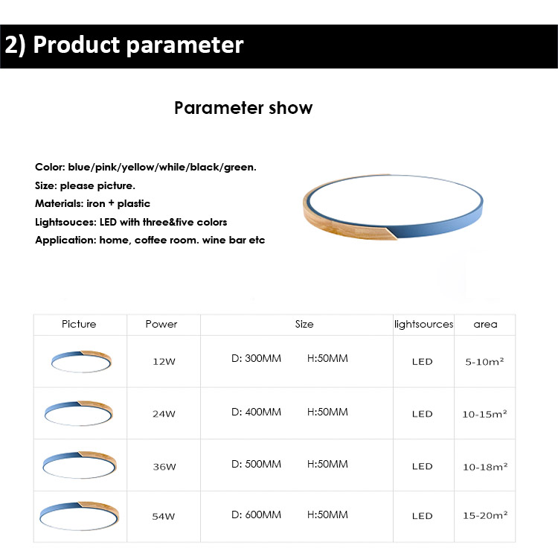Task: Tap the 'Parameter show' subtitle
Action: tap(243, 107)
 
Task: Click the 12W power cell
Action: tap(164, 361)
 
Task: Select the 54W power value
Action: tap(164, 516)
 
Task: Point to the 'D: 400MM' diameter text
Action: tap(256, 412)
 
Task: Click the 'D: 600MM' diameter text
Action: tap(256, 514)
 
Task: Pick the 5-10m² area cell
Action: tap(484, 362)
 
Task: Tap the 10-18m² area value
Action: tap(485, 466)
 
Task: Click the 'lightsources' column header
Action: tap(424, 324)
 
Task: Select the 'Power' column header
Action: tap(161, 324)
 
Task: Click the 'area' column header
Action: tap(485, 325)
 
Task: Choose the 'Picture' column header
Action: tap(79, 324)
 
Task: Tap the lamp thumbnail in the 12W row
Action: tap(82, 361)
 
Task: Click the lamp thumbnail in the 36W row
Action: tap(80, 465)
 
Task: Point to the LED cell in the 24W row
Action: tap(423, 414)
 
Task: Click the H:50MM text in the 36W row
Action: tap(327, 464)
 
